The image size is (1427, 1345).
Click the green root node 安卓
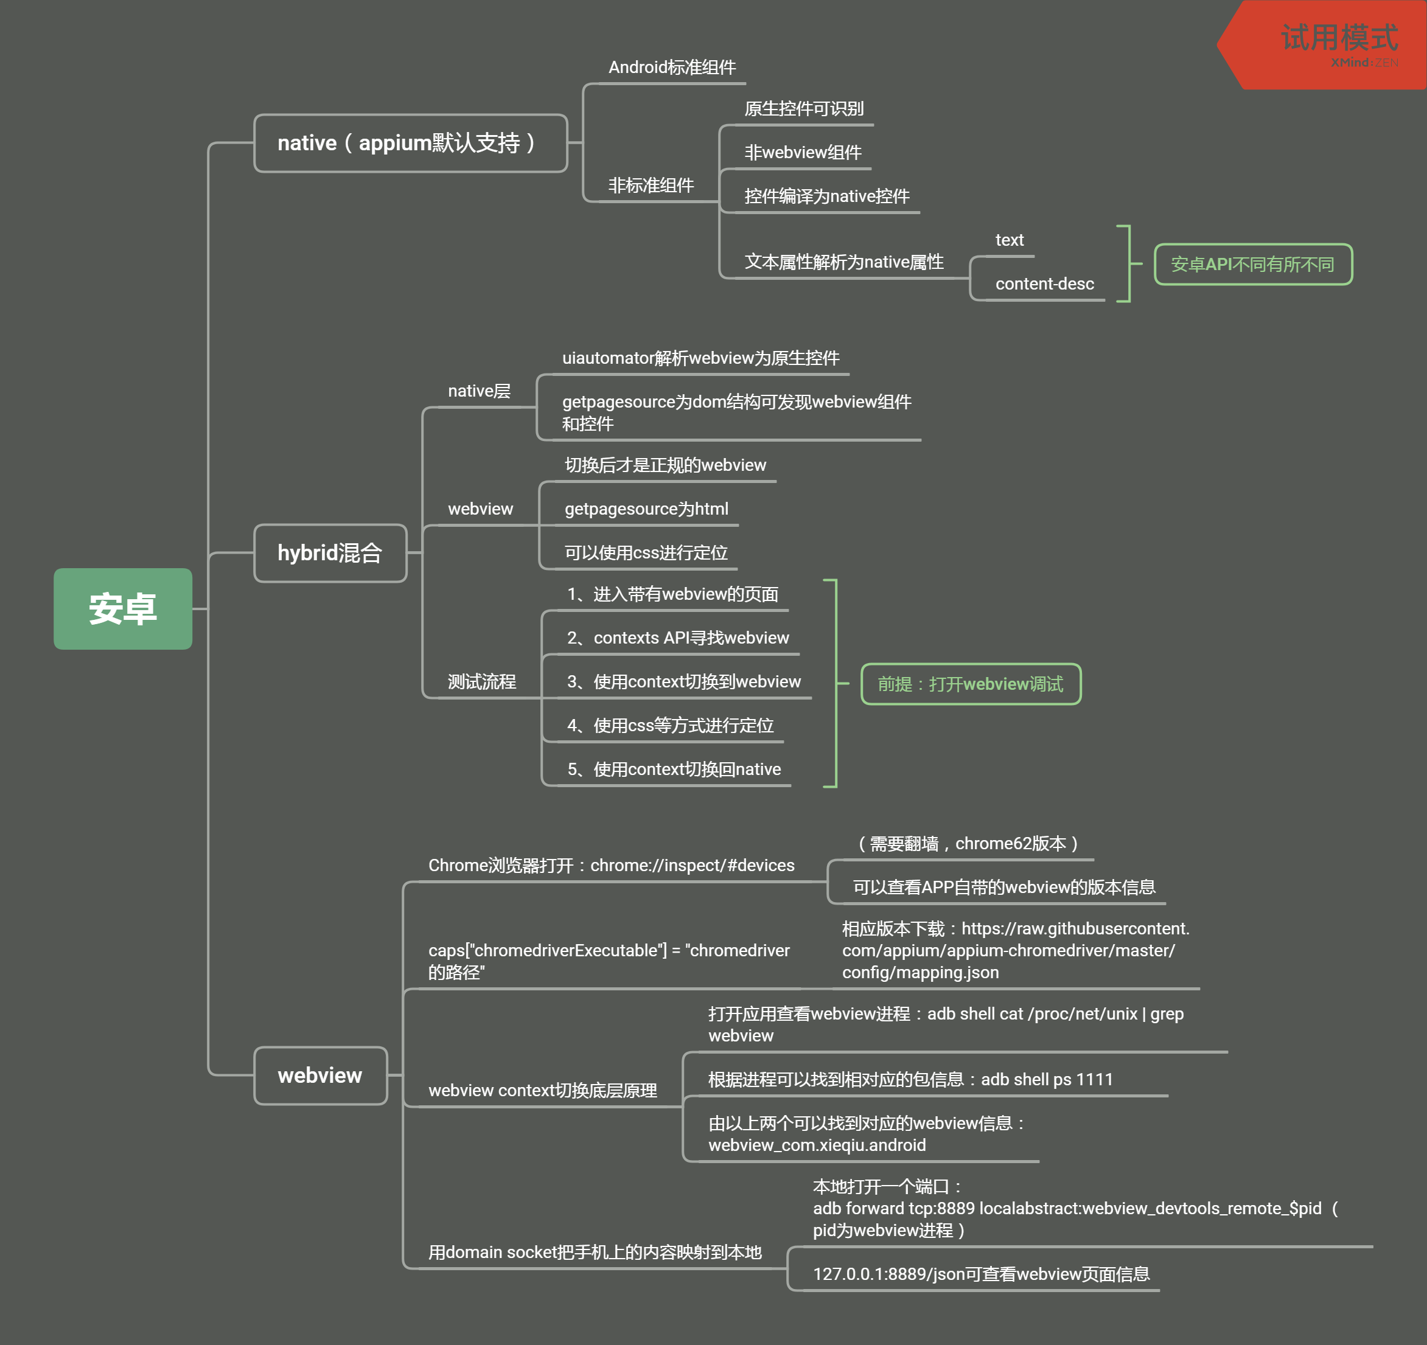tap(123, 608)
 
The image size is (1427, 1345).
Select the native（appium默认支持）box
tap(411, 143)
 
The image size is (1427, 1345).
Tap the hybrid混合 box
tap(330, 552)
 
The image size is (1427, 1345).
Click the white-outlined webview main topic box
tap(320, 1075)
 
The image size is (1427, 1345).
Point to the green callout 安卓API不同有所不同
tap(1252, 264)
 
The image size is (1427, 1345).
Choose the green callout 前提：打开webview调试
tap(971, 684)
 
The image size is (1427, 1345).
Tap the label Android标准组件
tap(672, 68)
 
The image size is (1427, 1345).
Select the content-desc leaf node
tap(1044, 283)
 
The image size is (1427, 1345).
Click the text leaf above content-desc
tap(1009, 240)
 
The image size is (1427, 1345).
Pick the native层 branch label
tap(479, 391)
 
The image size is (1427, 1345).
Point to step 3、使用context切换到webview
tap(683, 681)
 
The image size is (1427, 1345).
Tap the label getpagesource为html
tap(646, 509)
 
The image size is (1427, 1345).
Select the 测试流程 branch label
tap(481, 681)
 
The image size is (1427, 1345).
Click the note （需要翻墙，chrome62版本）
tap(968, 843)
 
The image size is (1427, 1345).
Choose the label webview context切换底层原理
tap(543, 1090)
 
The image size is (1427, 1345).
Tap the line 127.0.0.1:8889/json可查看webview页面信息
tap(980, 1274)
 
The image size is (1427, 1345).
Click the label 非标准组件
tap(651, 185)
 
